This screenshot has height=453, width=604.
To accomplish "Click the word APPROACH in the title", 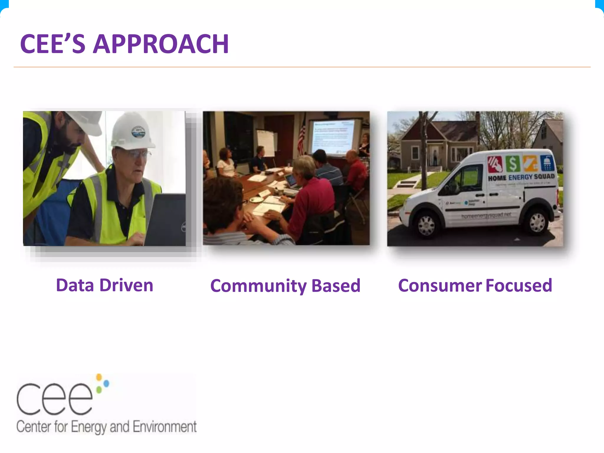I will (x=161, y=44).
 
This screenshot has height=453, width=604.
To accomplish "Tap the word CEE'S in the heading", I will (x=53, y=44).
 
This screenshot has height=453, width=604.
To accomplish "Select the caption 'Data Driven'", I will (x=105, y=285).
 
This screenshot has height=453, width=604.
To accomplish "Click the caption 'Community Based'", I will (x=285, y=286).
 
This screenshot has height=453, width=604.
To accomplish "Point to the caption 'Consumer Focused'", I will (x=475, y=285).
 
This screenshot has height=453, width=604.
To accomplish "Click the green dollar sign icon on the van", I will (x=513, y=164).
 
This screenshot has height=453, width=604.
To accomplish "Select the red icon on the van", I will (x=495, y=164).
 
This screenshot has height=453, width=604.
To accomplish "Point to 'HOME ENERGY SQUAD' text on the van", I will (x=521, y=177).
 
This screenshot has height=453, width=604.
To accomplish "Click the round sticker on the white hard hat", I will (x=138, y=132).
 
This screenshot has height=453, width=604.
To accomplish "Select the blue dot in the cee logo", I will (x=106, y=383).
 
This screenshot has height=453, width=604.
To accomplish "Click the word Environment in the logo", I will (x=165, y=427).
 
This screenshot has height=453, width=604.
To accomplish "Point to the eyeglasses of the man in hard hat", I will (x=139, y=154).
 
